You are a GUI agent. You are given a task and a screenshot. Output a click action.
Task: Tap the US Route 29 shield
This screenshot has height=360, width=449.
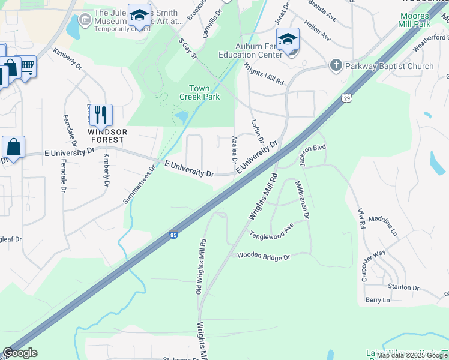coord(347,98)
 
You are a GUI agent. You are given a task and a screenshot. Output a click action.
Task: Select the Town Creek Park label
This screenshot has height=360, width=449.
coord(199,92)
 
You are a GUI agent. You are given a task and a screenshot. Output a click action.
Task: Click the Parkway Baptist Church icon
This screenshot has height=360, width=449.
coord(336,65)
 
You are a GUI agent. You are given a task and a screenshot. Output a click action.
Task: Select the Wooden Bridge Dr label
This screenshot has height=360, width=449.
coord(264,256)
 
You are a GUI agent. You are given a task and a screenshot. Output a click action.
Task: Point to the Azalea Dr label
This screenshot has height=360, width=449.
coord(234,151)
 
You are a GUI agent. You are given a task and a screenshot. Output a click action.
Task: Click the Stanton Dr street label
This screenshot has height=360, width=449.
coord(403,287)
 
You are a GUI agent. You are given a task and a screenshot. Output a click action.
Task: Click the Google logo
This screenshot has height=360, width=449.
coord(20,353)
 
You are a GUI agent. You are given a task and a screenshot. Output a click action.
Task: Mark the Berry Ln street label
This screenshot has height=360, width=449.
coord(377,299)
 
